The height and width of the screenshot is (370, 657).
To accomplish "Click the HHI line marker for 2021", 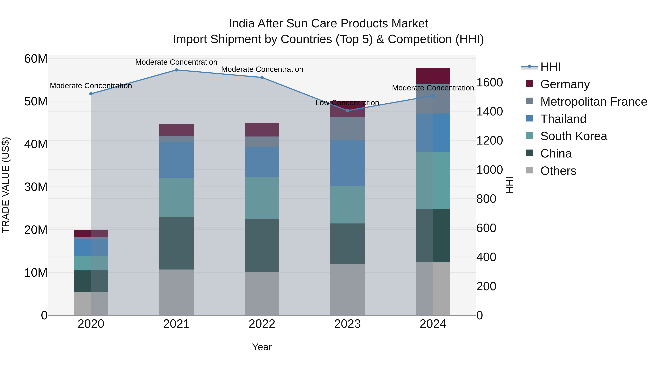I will point(176,70).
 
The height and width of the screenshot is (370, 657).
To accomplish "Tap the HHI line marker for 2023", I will point(347,111).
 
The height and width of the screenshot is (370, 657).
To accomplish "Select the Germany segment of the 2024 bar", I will point(433,76).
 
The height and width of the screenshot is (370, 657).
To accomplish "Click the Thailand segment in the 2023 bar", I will point(347,163).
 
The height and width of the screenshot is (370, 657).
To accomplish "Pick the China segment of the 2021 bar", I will point(176,243).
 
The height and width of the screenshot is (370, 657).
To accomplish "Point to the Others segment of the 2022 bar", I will point(262,293).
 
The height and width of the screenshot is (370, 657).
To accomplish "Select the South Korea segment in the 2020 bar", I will point(91,263).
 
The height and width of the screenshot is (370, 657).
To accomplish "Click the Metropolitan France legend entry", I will point(593,102).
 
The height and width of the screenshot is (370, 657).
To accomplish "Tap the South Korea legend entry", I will point(573,136).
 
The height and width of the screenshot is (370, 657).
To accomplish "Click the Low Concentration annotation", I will point(347,103).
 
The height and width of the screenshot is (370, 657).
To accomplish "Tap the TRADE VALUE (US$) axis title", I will point(6,185).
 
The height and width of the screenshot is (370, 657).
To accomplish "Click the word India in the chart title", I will point(241,24).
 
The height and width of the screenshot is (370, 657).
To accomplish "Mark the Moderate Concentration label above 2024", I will point(433,88).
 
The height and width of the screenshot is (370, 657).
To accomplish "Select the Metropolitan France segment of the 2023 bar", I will point(347,128).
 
